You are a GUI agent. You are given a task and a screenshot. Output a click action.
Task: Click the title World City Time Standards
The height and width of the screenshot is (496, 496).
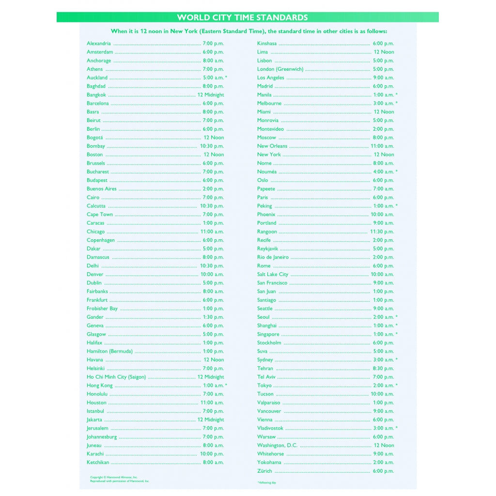(242, 17)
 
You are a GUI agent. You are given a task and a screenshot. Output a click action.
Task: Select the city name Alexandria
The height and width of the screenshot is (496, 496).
(99, 44)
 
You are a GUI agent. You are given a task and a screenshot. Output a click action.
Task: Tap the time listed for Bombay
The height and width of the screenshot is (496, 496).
(212, 146)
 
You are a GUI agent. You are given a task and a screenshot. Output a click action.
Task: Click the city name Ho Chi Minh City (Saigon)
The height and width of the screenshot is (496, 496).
(116, 377)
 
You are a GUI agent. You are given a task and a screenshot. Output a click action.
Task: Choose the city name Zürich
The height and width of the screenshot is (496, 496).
(265, 471)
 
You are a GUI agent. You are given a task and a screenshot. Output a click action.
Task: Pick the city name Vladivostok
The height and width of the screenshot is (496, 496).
(270, 428)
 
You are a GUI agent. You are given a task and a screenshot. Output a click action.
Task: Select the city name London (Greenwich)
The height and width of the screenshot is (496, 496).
(280, 69)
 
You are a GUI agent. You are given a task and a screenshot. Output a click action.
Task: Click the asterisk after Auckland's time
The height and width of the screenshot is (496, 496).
(226, 77)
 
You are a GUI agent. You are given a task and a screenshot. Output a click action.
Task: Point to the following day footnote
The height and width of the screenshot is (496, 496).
(266, 482)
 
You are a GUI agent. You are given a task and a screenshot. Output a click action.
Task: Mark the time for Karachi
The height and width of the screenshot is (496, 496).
(212, 454)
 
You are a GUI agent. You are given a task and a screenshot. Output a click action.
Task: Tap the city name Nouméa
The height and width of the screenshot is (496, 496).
(267, 172)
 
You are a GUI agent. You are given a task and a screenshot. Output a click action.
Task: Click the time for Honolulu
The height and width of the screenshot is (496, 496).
(213, 394)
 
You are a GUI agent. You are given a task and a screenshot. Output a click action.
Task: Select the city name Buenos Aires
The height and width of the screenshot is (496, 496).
(102, 189)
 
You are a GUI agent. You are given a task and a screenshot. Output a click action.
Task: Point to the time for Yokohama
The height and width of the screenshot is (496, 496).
(383, 463)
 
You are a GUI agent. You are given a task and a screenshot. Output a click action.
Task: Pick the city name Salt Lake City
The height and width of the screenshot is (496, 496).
(273, 275)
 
